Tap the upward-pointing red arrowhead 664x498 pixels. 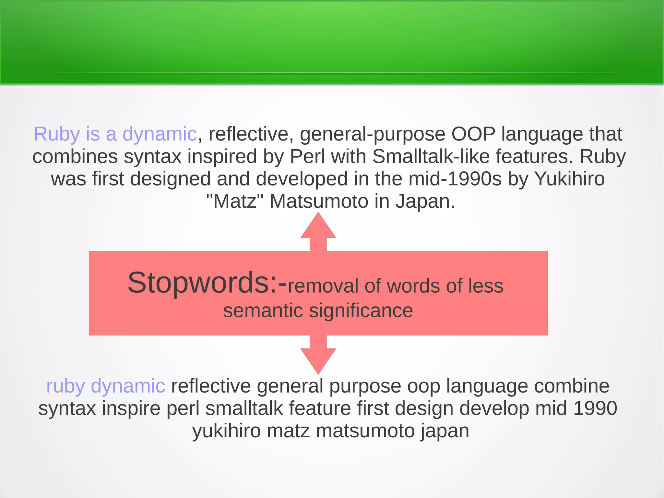tap(318, 227)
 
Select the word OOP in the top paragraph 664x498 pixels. tap(473, 134)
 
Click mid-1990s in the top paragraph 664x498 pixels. tap(455, 179)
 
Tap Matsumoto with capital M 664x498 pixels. tap(319, 201)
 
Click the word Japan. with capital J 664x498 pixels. tap(425, 201)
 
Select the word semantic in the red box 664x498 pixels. tap(263, 311)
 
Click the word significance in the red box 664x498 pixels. tap(361, 311)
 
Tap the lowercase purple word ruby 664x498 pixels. tap(65, 386)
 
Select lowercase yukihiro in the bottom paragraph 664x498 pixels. tap(227, 431)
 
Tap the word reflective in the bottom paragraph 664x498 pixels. tap(211, 386)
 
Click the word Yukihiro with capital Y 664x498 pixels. tap(569, 179)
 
